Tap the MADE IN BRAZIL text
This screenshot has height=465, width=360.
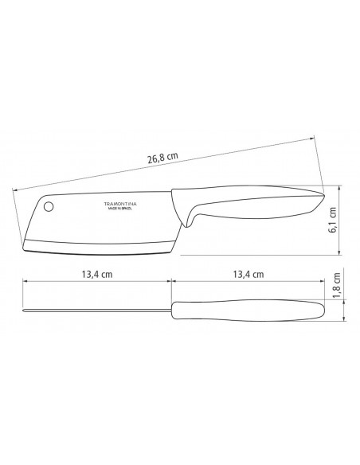(x=121, y=210)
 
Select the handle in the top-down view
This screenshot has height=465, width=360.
(x=247, y=308)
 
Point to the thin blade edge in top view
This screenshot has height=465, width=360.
(x=96, y=309)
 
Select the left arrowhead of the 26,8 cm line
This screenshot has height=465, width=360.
(x=16, y=189)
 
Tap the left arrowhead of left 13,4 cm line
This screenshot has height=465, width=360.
(x=23, y=281)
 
